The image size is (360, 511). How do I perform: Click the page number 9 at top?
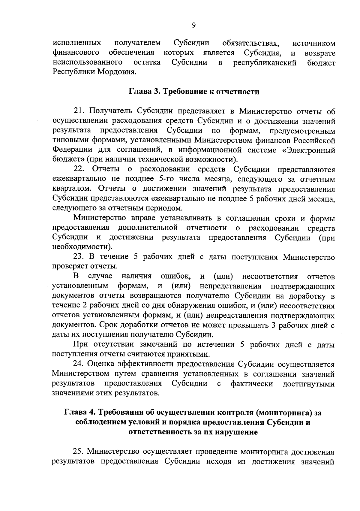193,26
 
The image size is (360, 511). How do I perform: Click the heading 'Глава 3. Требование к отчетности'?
194,92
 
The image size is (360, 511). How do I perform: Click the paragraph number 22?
79,170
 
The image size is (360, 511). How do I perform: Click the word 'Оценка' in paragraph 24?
101,364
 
